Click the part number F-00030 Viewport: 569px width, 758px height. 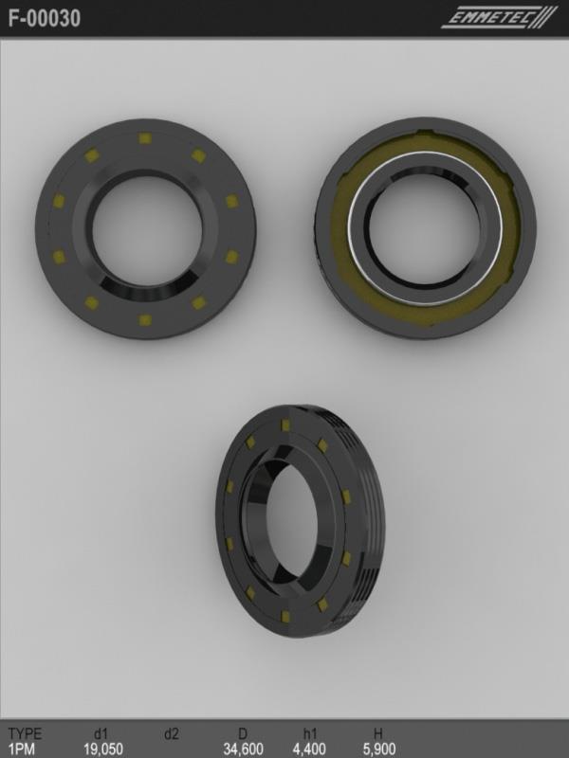tap(44, 18)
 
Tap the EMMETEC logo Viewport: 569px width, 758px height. tap(500, 18)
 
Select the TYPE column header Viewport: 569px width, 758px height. tap(26, 733)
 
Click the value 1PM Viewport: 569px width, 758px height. tap(22, 749)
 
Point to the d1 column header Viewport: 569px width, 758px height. tap(101, 733)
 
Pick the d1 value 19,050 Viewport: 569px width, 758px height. tap(103, 749)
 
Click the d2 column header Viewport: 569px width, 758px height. tap(172, 733)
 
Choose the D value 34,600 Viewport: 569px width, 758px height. tap(244, 749)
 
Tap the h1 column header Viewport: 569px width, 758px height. tap(310, 733)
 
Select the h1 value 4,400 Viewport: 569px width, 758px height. tap(309, 749)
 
